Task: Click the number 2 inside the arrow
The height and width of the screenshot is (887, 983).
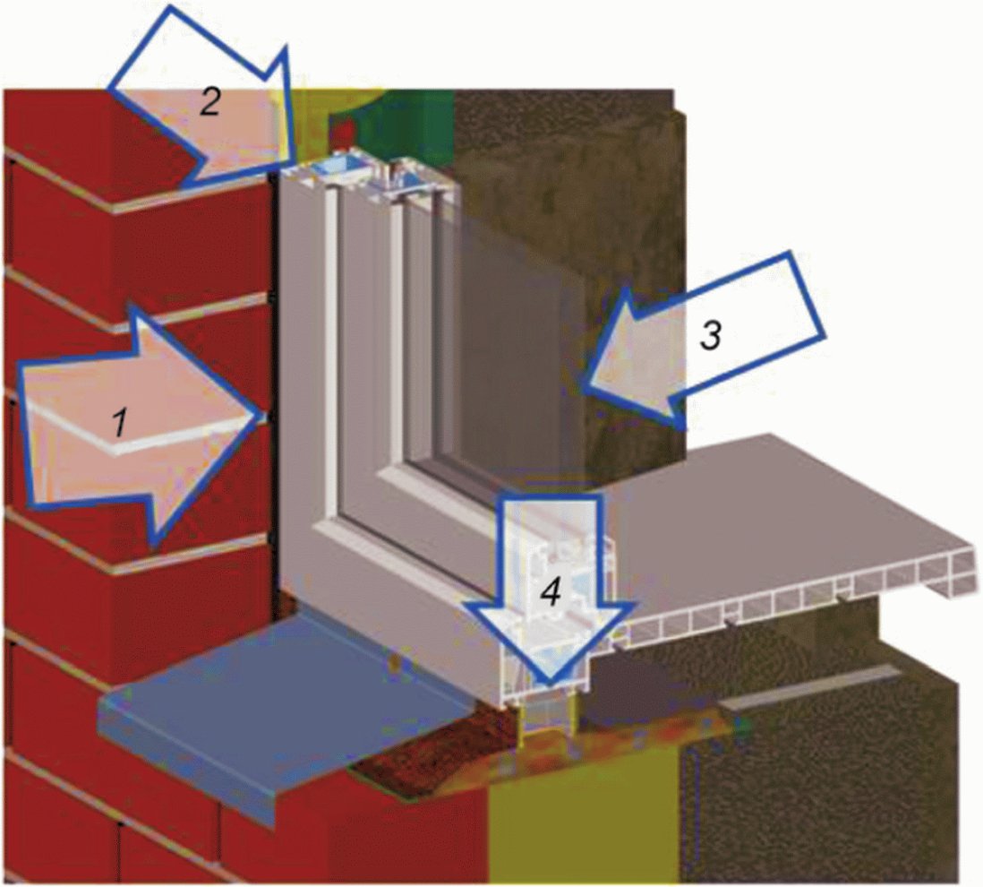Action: (x=210, y=101)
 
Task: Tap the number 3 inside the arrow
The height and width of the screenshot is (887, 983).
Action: (x=710, y=335)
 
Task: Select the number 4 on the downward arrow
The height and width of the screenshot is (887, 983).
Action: (x=551, y=592)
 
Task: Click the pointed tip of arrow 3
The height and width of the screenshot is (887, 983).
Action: (x=584, y=383)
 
